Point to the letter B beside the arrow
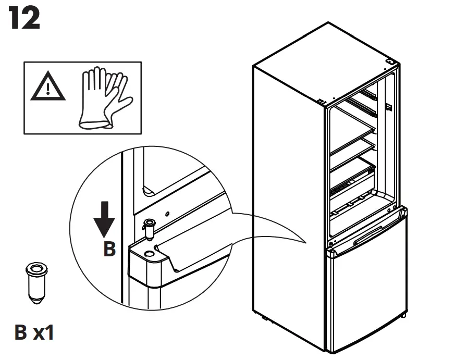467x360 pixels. [x=108, y=249]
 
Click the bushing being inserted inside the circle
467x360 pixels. [x=149, y=229]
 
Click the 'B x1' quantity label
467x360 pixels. [x=34, y=332]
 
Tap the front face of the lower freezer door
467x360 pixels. [x=367, y=297]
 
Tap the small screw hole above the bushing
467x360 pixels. [x=167, y=213]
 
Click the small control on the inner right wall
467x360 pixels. [x=389, y=108]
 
